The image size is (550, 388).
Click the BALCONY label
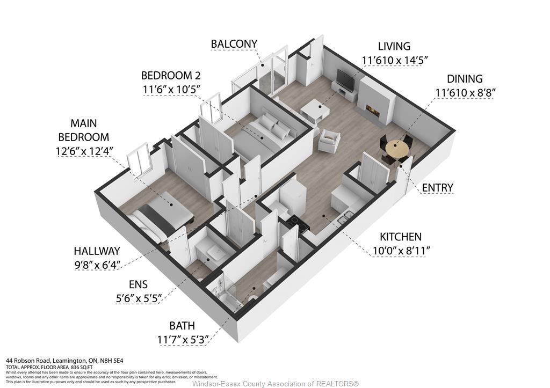(234, 43)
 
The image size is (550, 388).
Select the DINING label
(465, 79)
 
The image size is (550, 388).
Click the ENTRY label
(437, 187)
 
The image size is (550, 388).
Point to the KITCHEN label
(401, 237)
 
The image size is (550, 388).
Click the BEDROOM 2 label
(170, 75)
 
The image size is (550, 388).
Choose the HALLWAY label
(97, 251)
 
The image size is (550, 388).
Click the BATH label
(182, 325)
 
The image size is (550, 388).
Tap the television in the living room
(345, 80)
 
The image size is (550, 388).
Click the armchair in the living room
(329, 141)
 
